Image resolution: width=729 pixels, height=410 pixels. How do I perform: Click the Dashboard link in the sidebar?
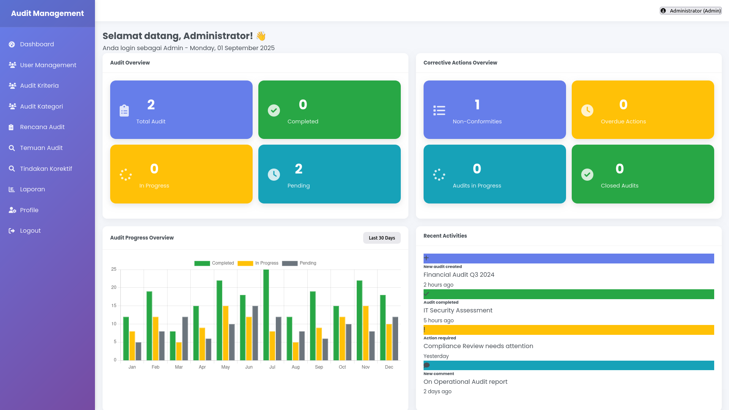tap(37, 44)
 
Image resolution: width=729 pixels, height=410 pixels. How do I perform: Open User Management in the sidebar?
tap(48, 65)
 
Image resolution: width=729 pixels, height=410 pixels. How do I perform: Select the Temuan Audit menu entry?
tap(41, 148)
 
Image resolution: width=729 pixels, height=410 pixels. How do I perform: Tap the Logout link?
tap(30, 231)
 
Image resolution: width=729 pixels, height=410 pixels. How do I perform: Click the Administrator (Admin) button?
tap(691, 11)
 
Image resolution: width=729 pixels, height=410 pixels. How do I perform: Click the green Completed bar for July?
tap(266, 315)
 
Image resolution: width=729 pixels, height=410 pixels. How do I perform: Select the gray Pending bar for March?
tap(185, 338)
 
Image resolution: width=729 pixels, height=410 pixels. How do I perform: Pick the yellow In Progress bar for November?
tap(365, 333)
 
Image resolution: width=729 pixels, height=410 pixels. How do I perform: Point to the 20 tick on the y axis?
tap(114, 287)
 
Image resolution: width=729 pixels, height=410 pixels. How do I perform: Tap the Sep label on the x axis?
tap(319, 367)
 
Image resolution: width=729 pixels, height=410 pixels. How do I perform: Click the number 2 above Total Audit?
tap(151, 105)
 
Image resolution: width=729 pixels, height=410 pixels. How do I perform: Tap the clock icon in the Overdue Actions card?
tap(587, 110)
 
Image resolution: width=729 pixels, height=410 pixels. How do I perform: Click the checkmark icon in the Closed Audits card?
tap(587, 175)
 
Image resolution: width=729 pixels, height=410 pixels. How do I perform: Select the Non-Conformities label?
tap(477, 121)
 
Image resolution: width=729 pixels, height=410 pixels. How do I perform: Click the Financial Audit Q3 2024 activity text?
tap(459, 275)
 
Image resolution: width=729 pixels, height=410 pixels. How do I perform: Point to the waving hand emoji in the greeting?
tap(261, 36)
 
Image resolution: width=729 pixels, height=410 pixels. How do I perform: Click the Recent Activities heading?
tap(445, 236)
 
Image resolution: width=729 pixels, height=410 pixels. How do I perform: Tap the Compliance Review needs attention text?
tap(478, 346)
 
